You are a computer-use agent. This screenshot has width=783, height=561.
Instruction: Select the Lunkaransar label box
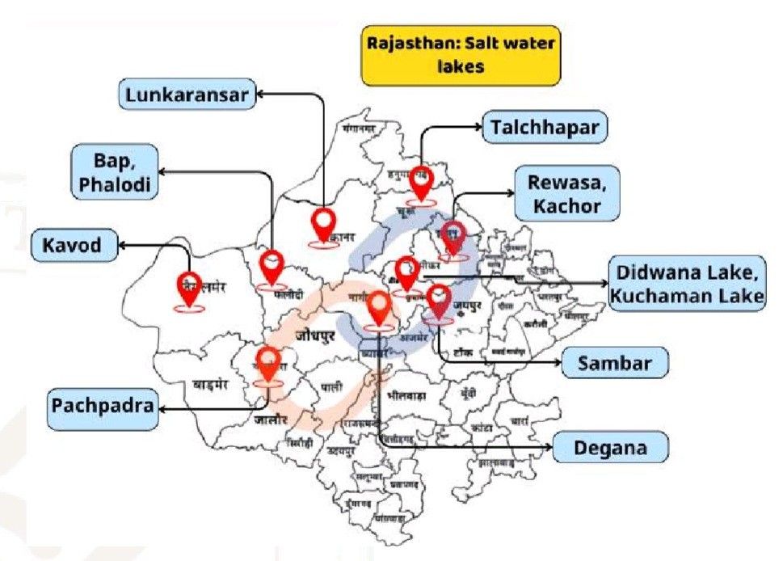187,95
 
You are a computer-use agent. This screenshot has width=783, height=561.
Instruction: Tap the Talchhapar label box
545,128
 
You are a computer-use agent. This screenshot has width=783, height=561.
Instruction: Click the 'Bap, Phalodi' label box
113,171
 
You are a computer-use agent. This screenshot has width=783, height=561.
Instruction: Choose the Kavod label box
74,245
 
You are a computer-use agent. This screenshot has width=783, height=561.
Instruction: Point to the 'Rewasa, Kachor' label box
567,194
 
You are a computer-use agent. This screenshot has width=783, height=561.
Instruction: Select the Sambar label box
615,363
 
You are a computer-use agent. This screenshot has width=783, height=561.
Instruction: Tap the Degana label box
611,447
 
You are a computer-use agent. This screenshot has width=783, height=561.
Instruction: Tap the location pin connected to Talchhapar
420,181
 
